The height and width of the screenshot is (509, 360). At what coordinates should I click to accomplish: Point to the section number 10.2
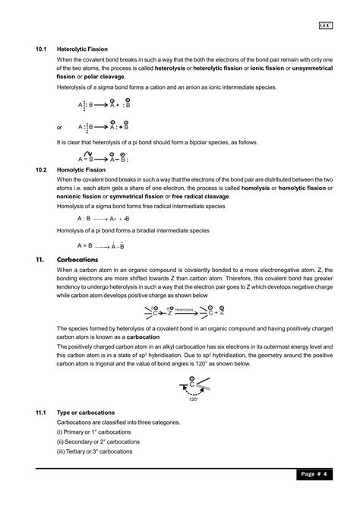(x=43, y=169)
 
